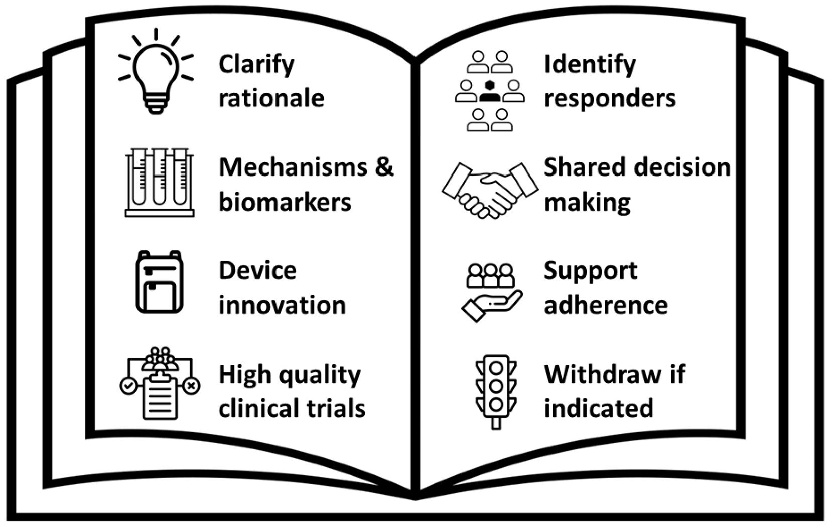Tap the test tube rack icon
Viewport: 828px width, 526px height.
click(x=160, y=182)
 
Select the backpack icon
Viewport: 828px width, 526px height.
click(x=160, y=282)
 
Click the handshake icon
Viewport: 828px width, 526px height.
click(x=490, y=190)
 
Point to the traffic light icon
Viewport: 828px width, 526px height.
click(x=496, y=392)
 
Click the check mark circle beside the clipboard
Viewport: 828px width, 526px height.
click(x=128, y=386)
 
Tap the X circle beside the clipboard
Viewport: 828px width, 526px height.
click(x=191, y=386)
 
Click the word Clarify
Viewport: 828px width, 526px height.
click(x=256, y=65)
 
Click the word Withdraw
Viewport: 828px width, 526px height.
click(x=603, y=374)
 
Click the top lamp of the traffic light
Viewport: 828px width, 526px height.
click(x=496, y=368)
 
